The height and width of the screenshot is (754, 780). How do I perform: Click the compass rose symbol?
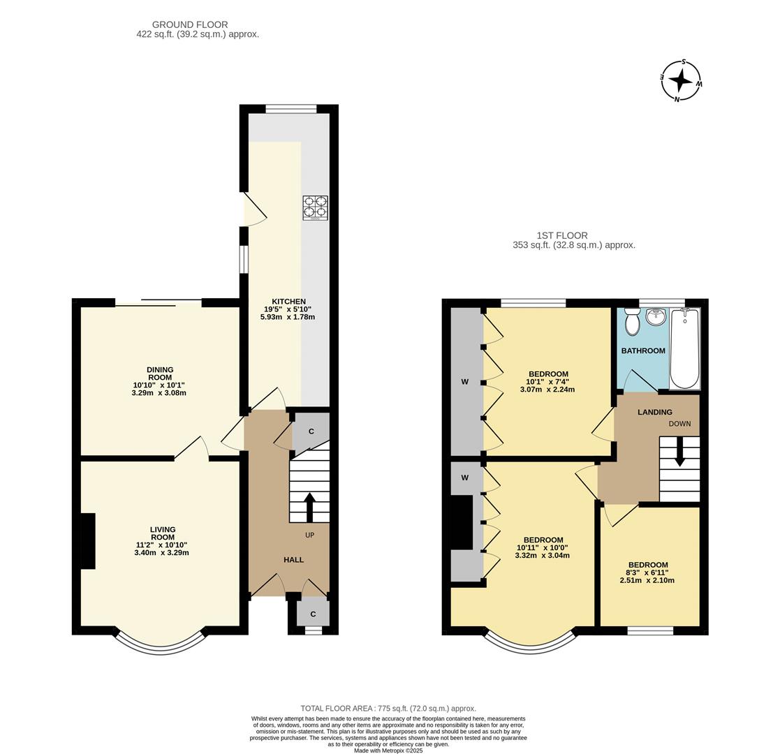coord(680,80)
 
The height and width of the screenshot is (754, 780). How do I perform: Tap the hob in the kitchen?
coord(315,208)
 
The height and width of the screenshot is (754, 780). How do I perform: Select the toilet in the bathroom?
coord(633,323)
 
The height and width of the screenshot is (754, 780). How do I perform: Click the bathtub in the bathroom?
coord(684,348)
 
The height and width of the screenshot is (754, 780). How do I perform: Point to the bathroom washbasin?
coord(656,318)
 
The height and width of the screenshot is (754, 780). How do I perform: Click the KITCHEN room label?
coord(288,301)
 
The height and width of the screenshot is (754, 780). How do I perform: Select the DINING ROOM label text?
coord(160,374)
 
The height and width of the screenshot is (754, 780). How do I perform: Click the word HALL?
coord(293,560)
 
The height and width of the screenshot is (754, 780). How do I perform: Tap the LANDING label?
coord(654,412)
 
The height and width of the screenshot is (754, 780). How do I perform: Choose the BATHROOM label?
coord(643,350)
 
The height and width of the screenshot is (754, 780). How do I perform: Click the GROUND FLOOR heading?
coord(190,24)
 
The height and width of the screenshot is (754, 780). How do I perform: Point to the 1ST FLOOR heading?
coord(562,236)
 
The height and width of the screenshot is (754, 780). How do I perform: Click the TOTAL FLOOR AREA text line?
coord(388,708)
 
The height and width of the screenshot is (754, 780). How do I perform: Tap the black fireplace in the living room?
coord(88,541)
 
